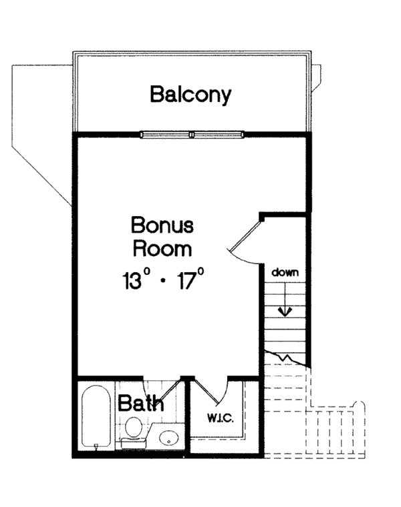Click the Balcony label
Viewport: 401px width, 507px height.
190,95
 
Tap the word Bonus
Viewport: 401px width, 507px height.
162,225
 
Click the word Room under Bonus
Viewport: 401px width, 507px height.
162,249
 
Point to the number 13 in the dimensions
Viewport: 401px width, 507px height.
132,280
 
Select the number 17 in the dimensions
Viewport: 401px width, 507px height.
186,280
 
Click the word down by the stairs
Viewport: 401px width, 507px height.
285,272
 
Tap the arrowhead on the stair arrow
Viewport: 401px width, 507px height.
285,312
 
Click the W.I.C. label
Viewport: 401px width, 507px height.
221,418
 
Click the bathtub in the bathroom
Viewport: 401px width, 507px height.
96,417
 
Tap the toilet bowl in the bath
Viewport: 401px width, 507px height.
133,427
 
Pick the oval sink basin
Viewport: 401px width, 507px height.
169,438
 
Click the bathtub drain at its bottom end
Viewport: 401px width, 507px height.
96,446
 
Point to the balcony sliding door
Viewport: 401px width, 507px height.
192,135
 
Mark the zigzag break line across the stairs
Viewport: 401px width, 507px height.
285,358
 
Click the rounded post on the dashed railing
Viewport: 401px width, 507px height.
359,405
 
